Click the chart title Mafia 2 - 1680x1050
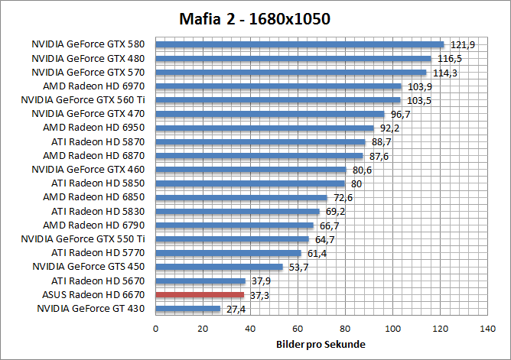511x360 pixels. (x=255, y=17)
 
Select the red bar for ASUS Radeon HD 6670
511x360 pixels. (x=200, y=294)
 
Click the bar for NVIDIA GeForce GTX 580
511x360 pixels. (x=300, y=44)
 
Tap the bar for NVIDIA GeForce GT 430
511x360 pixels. (x=188, y=308)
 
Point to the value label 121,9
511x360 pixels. (x=462, y=45)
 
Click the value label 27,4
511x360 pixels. (x=236, y=309)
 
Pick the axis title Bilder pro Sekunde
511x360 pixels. (x=321, y=345)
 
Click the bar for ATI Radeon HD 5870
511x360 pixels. (x=261, y=141)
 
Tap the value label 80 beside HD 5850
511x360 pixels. (x=356, y=183)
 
